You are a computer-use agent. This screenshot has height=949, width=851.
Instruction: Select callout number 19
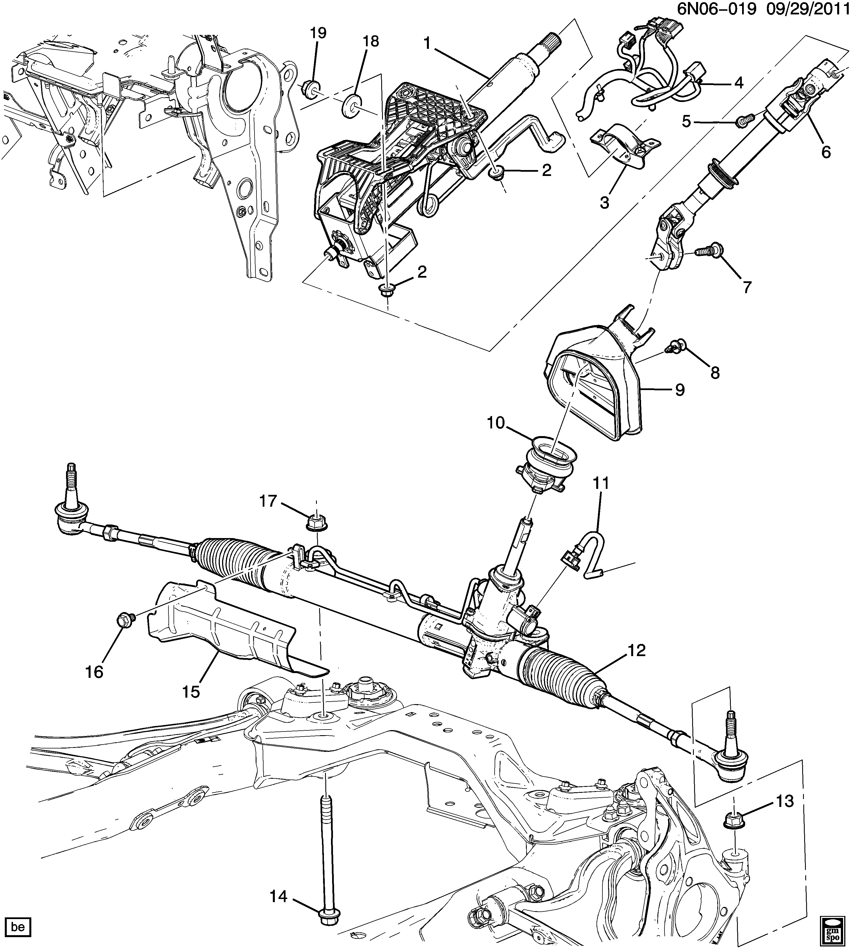[x=318, y=33]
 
